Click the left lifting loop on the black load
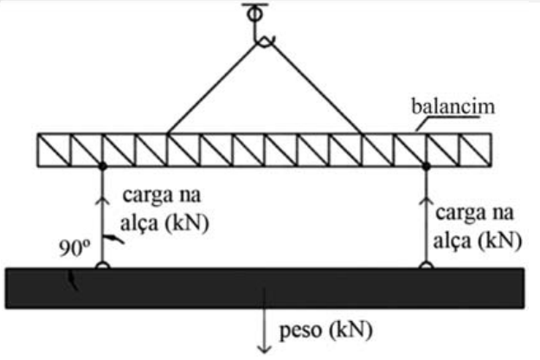pos(102,265)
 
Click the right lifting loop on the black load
pos(426,265)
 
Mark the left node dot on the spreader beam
pos(102,165)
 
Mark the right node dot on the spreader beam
pos(426,165)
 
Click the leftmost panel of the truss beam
pos(55,149)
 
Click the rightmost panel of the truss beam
pos(475,149)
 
